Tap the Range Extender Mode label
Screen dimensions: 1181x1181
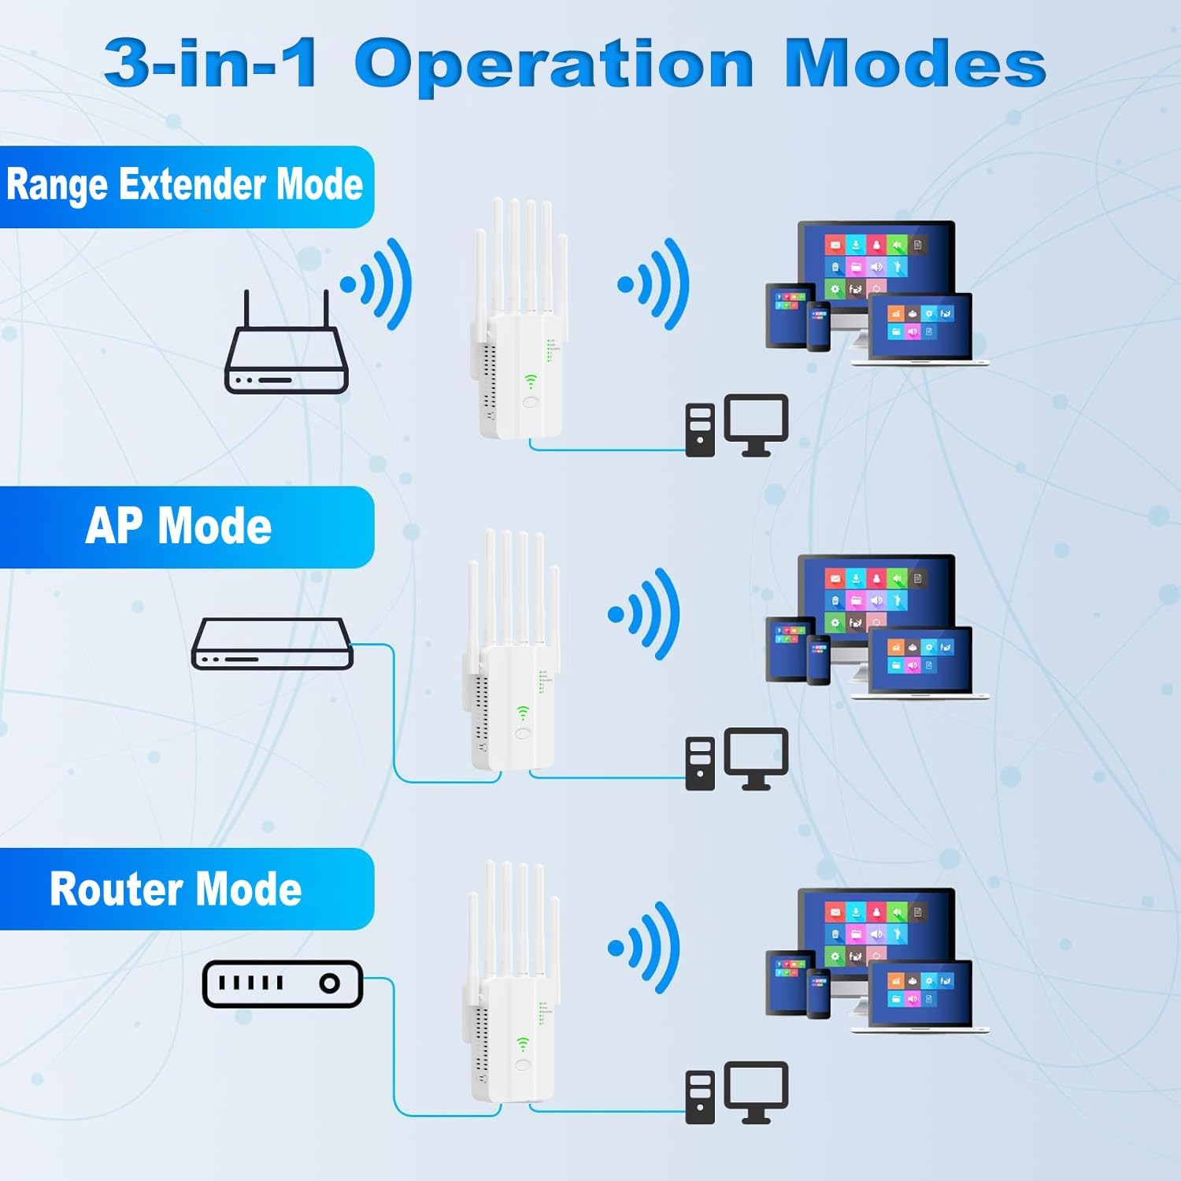tap(184, 185)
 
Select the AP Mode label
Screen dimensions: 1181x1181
tap(179, 526)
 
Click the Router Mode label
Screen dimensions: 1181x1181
tap(176, 889)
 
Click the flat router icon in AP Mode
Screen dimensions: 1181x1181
tap(272, 643)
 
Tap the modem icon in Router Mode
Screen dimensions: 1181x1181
tap(283, 983)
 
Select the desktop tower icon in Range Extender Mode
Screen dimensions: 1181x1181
tap(700, 430)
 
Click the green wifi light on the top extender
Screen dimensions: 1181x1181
tap(531, 382)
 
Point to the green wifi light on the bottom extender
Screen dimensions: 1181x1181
tap(522, 1044)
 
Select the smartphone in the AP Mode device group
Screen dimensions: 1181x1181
tap(819, 659)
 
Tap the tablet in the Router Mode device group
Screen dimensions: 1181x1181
tap(789, 982)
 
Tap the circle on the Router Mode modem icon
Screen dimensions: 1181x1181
tap(329, 983)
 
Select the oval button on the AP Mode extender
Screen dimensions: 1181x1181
tap(522, 734)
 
